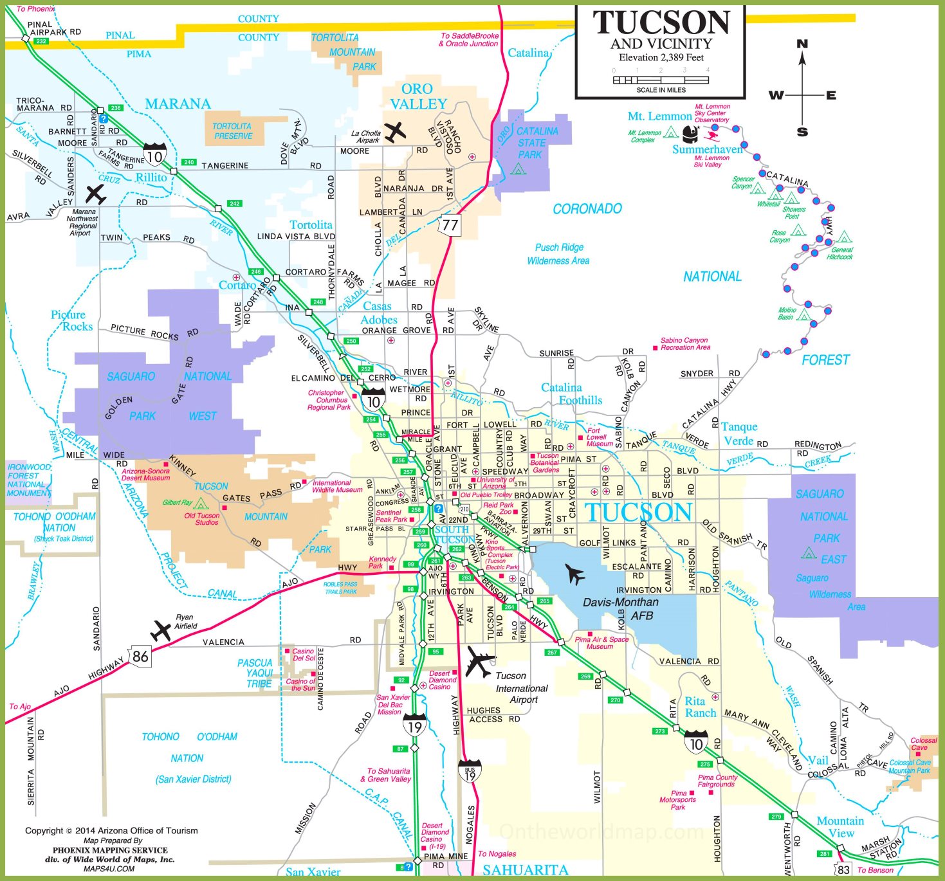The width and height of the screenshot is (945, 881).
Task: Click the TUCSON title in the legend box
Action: coord(661,23)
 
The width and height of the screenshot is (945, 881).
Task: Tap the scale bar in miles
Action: coord(661,80)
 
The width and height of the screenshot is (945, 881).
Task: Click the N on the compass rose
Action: coord(802,44)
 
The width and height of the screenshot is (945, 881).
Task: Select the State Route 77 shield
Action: coord(450,225)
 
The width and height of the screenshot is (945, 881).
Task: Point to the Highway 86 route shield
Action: coord(140,656)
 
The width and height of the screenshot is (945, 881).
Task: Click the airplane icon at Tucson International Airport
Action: coord(480,662)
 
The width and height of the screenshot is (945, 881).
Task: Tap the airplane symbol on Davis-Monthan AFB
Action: coord(574,574)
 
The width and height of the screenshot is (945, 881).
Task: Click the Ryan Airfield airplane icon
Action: coord(161,630)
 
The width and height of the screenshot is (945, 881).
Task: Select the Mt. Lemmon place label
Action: coord(659,116)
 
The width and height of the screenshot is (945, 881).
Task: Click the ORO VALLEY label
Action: coord(417,96)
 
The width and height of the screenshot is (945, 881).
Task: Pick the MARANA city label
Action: coord(178,104)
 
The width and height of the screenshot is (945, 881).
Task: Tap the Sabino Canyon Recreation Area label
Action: coord(685,344)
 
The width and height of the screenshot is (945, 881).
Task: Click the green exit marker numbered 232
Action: coord(41,41)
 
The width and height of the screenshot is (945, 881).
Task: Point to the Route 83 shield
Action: coord(843,869)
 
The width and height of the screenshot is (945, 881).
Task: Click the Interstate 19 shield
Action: coord(415,727)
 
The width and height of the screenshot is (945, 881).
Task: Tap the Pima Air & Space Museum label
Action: coord(601,643)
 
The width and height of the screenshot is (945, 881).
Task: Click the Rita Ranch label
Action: coord(700,707)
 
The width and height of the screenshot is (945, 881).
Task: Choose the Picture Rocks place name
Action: coord(72,320)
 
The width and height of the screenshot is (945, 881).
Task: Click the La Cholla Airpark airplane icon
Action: coord(395,132)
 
